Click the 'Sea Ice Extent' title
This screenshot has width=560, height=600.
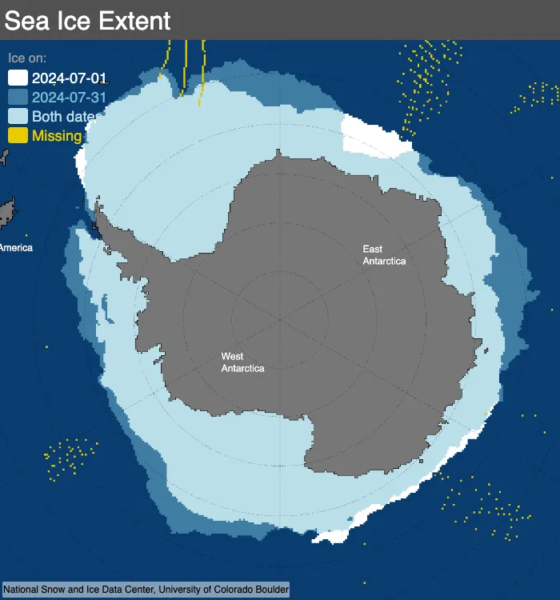coord(87,21)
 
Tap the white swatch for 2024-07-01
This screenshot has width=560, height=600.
coord(18,78)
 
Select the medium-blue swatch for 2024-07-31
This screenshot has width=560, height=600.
coord(18,97)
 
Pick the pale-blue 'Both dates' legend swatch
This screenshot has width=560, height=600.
coord(18,116)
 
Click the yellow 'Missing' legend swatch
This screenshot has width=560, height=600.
coord(18,135)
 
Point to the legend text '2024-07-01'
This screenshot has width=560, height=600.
coord(69,78)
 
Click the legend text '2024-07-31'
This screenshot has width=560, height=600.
coord(69,98)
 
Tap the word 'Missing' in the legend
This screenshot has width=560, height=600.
coord(57,136)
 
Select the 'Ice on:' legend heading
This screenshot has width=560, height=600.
coord(27,58)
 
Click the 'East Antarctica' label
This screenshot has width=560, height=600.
coord(384,255)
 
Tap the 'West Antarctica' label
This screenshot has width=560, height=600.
coord(242,362)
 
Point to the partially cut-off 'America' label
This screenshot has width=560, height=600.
coord(16,248)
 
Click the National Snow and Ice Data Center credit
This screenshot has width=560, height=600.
coord(146,590)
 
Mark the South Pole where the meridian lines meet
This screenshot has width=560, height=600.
coord(281,319)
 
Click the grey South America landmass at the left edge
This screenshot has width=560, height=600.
coord(8,213)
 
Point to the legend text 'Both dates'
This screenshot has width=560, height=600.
coord(64,117)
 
